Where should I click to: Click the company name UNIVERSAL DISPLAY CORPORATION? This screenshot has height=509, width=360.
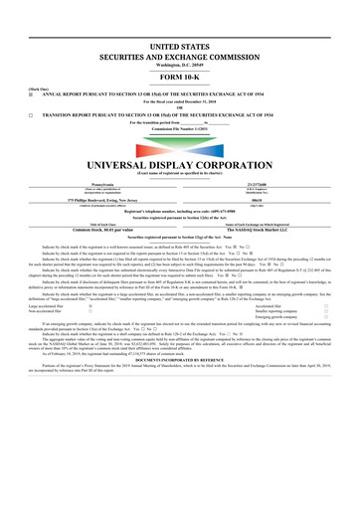[179, 163]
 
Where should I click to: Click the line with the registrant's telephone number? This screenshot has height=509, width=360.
[179, 209]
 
